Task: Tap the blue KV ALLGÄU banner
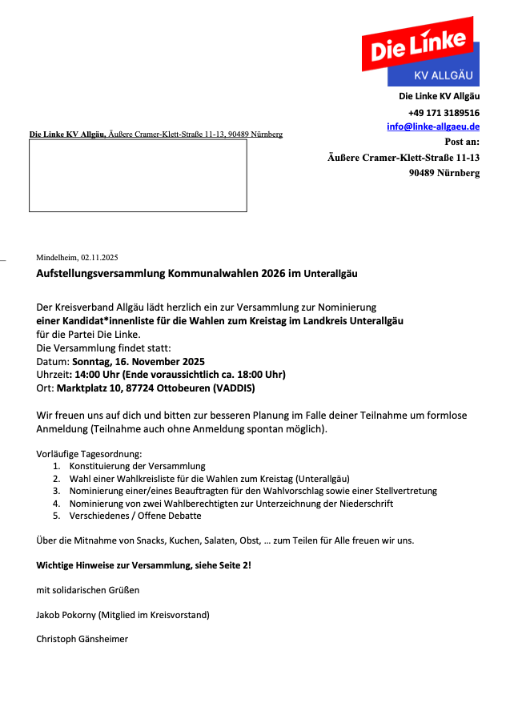(x=443, y=76)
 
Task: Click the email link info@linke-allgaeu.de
(x=433, y=127)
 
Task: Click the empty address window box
(x=138, y=175)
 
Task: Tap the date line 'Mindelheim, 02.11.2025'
(x=77, y=257)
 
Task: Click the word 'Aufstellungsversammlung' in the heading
(x=100, y=273)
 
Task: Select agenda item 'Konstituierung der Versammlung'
(x=138, y=465)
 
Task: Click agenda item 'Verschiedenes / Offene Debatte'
(x=135, y=516)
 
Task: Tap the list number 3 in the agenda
(x=56, y=491)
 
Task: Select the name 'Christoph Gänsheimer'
(x=82, y=639)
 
